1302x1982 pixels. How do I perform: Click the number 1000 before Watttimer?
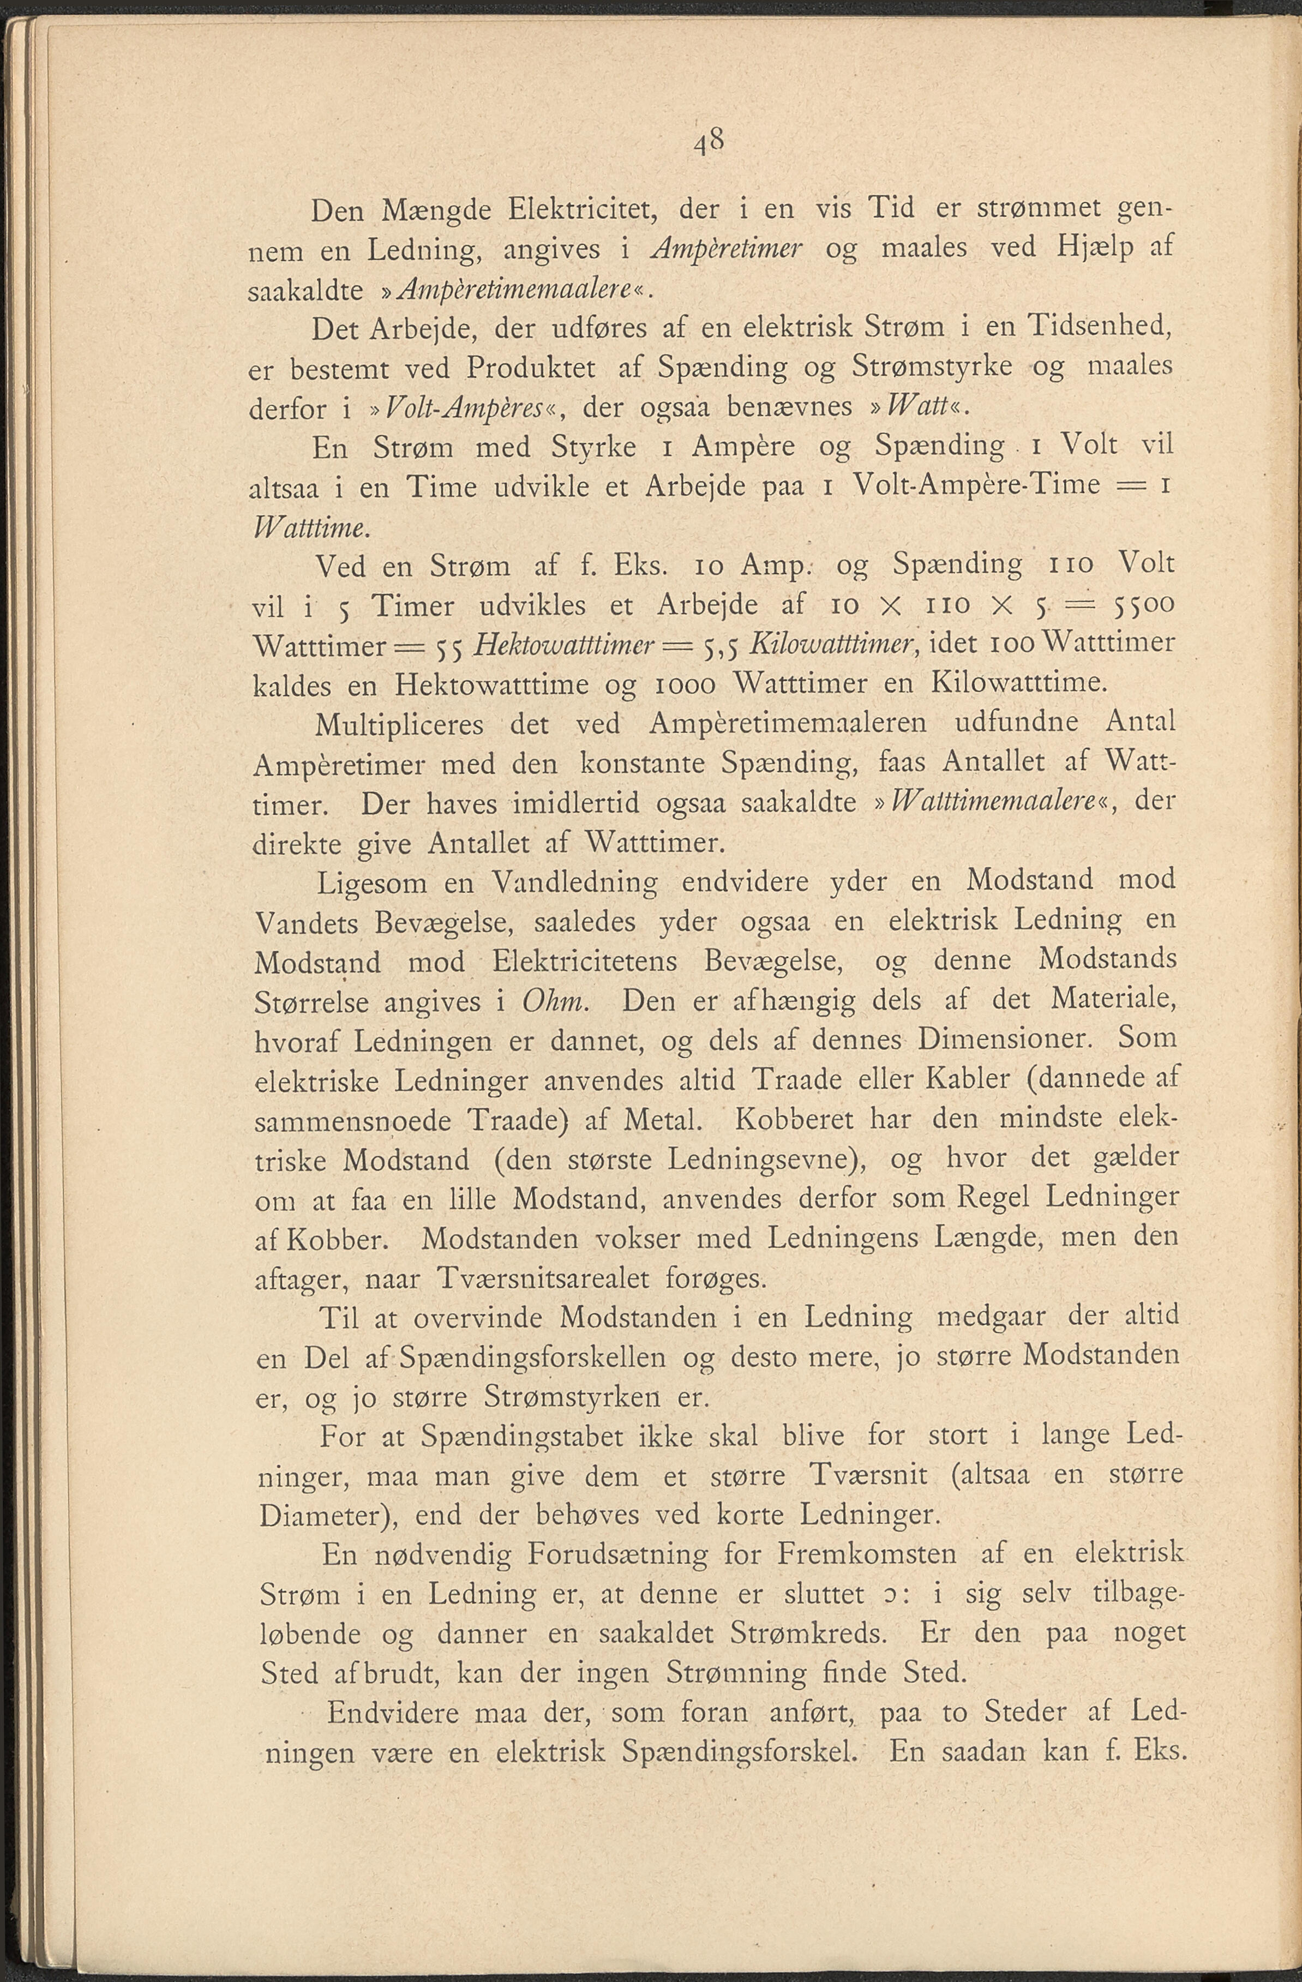684,684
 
